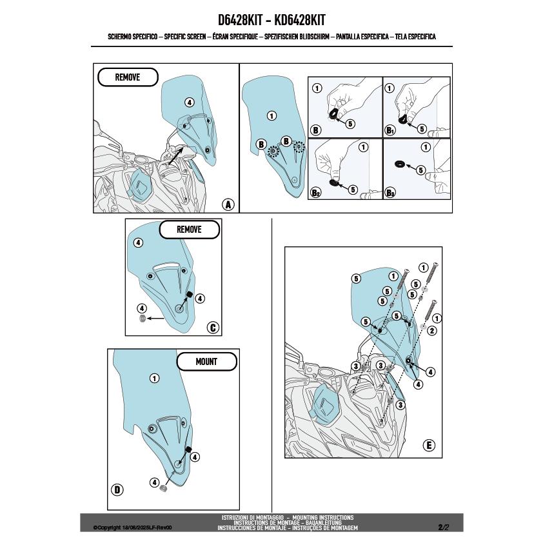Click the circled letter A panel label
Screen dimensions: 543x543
pyautogui.click(x=228, y=204)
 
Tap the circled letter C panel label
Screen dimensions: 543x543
pyautogui.click(x=213, y=328)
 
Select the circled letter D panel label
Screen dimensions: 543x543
pyautogui.click(x=117, y=489)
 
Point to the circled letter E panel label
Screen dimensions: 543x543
pyautogui.click(x=429, y=445)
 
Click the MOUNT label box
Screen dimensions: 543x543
pyautogui.click(x=207, y=362)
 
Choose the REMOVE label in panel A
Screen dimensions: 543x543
pyautogui.click(x=128, y=77)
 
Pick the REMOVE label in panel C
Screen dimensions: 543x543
pyautogui.click(x=189, y=230)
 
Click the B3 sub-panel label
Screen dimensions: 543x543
pyautogui.click(x=390, y=193)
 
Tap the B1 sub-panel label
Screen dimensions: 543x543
pyautogui.click(x=390, y=130)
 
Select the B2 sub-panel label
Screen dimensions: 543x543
pyautogui.click(x=315, y=193)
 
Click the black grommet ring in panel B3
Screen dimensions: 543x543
pyautogui.click(x=400, y=163)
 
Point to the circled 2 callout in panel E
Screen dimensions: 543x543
pyautogui.click(x=432, y=331)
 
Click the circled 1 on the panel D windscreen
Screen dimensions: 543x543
pyautogui.click(x=154, y=378)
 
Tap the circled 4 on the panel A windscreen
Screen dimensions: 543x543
pyautogui.click(x=189, y=102)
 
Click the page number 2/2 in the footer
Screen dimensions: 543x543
pyautogui.click(x=443, y=528)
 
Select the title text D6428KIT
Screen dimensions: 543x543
pyautogui.click(x=240, y=20)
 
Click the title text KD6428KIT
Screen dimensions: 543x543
pyautogui.click(x=300, y=20)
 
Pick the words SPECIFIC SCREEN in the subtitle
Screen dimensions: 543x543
pyautogui.click(x=185, y=37)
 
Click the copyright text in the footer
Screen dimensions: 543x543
pyautogui.click(x=132, y=528)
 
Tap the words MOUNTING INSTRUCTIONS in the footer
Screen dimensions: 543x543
pyautogui.click(x=322, y=517)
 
